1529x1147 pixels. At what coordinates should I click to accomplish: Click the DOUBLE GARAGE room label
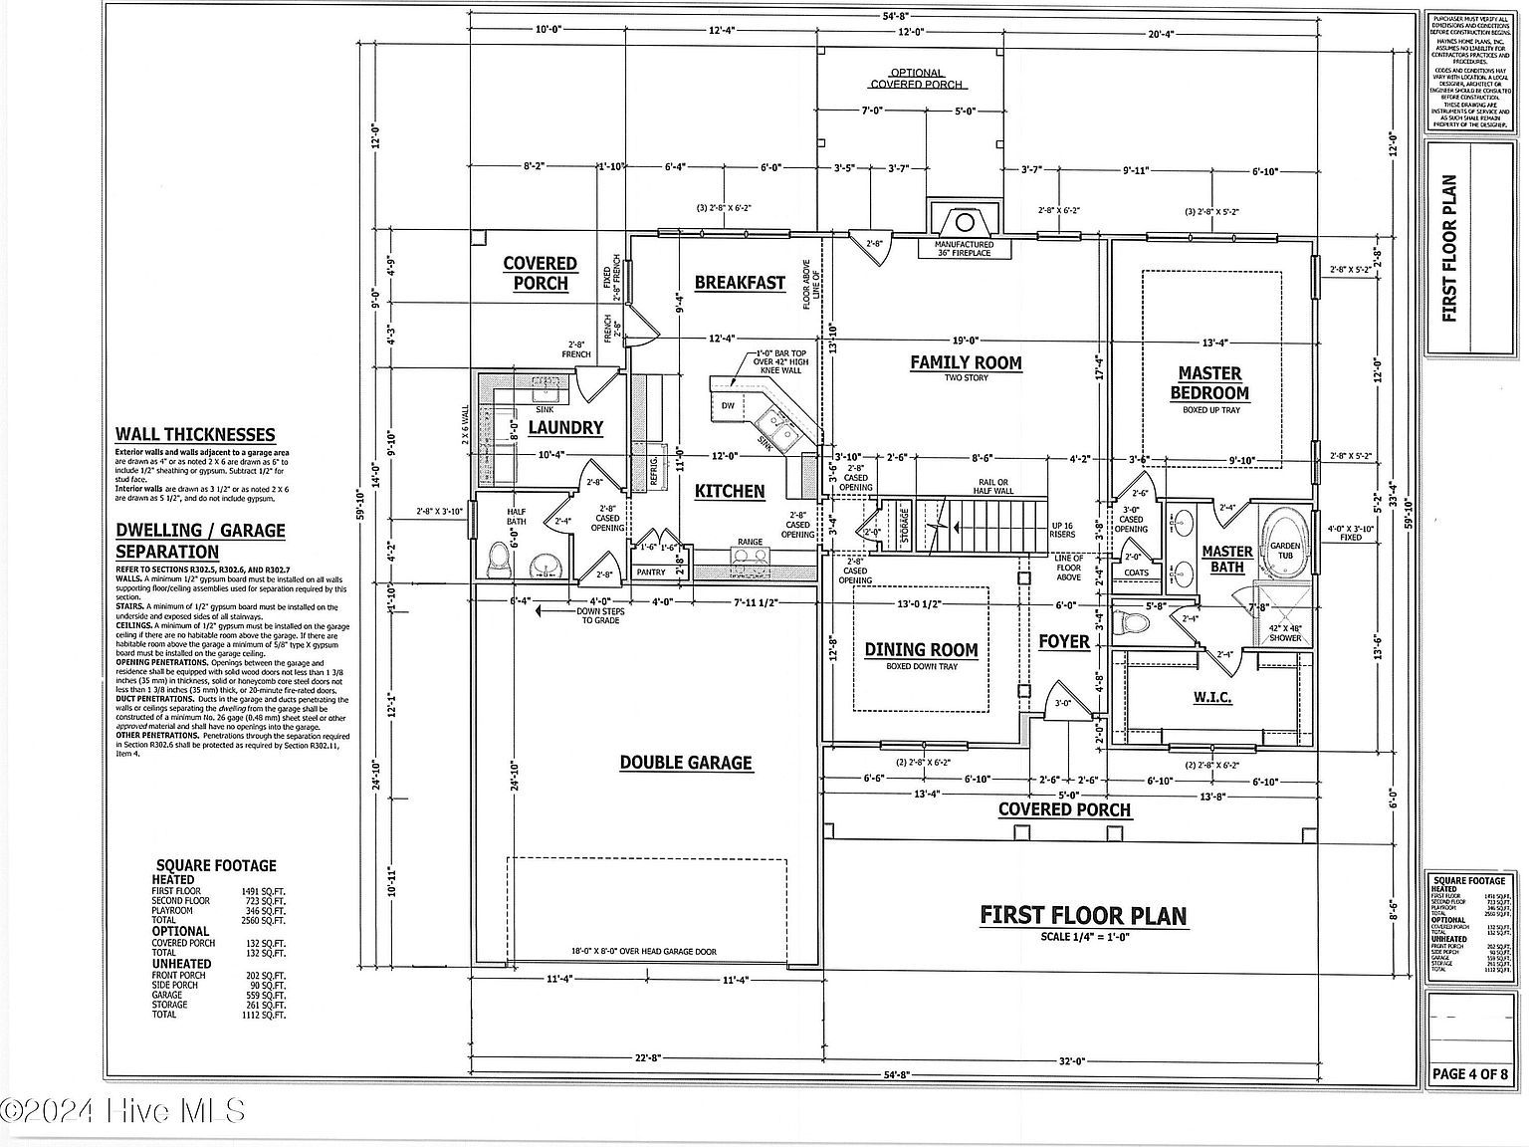click(686, 763)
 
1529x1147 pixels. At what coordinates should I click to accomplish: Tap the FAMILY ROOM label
click(966, 362)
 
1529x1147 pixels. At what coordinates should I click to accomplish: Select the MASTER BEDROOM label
click(1209, 382)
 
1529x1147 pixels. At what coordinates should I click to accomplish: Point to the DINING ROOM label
click(921, 650)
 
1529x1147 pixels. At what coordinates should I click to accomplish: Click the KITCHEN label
click(730, 491)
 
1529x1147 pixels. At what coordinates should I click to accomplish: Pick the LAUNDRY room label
click(565, 428)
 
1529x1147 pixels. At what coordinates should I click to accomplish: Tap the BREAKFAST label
click(740, 283)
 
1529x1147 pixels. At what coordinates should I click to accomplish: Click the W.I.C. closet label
click(1211, 697)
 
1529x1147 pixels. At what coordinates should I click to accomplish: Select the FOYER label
click(1064, 641)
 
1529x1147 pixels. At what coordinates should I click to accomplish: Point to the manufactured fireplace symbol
click(963, 220)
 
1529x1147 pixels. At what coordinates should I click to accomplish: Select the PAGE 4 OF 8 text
click(1469, 1074)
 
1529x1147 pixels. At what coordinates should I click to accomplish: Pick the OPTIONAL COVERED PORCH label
click(916, 79)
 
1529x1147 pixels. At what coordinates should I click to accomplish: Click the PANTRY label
click(650, 573)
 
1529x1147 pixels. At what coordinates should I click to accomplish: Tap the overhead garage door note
click(644, 952)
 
